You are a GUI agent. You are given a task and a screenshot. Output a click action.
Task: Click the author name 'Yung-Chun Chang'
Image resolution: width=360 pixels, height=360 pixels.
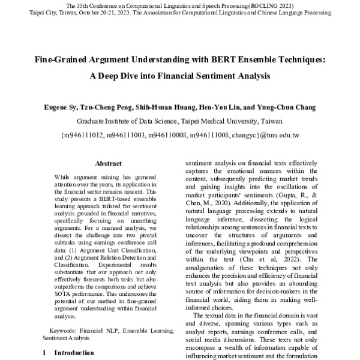(x=266, y=107)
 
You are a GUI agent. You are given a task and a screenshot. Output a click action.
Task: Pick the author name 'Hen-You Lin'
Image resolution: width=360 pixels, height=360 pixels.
(x=212, y=107)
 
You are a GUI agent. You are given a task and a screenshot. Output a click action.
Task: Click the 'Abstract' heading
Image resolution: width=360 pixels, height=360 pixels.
(x=108, y=163)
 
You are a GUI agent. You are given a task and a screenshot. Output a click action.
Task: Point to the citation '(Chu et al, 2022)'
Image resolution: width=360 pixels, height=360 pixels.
(x=265, y=259)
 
